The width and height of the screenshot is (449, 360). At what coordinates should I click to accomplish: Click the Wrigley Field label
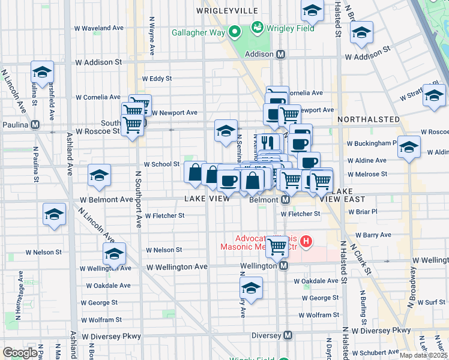coord(289,27)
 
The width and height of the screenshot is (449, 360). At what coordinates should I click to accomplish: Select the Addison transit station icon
coord(280,54)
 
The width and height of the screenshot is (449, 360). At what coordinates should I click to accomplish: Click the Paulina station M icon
coord(35,125)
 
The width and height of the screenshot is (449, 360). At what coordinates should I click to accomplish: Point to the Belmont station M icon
coord(286,199)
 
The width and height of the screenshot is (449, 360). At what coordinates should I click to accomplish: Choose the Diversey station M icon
coord(288,335)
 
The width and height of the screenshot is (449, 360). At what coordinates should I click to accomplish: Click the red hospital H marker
coord(306,242)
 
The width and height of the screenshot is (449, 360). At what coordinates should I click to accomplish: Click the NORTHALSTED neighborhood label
coord(369,119)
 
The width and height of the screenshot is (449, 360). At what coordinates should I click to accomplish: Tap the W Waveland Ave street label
coord(99,28)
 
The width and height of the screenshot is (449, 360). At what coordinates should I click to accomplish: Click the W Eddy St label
coord(157,79)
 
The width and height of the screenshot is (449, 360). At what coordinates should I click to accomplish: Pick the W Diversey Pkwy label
coord(381,330)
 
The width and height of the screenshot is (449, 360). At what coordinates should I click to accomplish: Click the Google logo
coord(20,353)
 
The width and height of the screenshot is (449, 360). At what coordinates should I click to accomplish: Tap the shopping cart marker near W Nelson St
coord(277,245)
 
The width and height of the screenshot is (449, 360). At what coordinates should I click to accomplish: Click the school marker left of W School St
coord(100,175)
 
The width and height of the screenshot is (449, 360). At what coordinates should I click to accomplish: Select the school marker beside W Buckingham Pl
coord(409,146)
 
